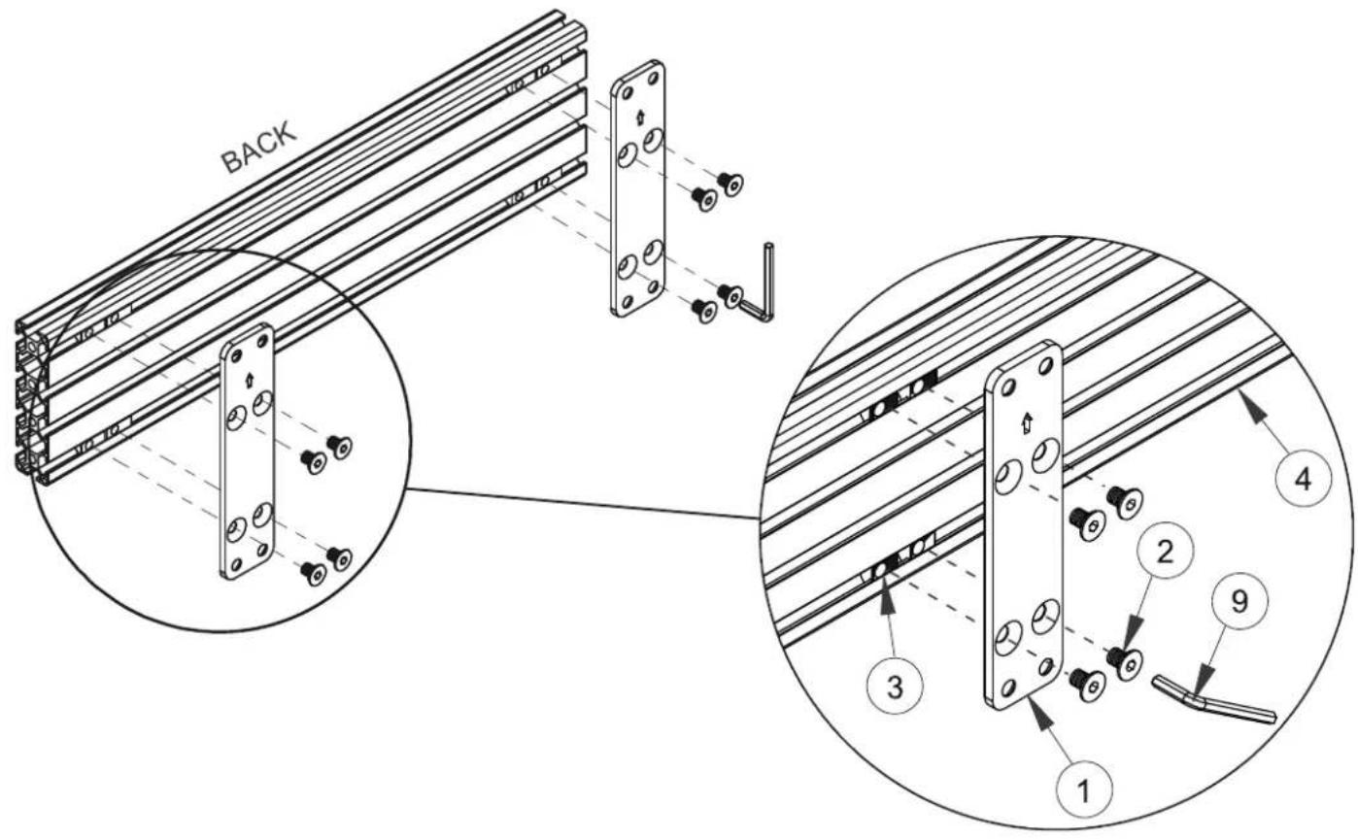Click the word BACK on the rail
[x=259, y=149]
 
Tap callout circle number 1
[x=1084, y=789]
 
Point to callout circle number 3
[x=895, y=688]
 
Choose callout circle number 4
[x=1304, y=480]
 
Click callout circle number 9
[x=1240, y=602]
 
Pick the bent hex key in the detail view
[x=1212, y=703]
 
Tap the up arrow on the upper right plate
[x=639, y=117]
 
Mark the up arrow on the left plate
[x=248, y=380]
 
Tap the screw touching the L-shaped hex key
[x=730, y=294]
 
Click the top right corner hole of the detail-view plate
[x=1045, y=365]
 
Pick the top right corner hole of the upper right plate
[x=654, y=79]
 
